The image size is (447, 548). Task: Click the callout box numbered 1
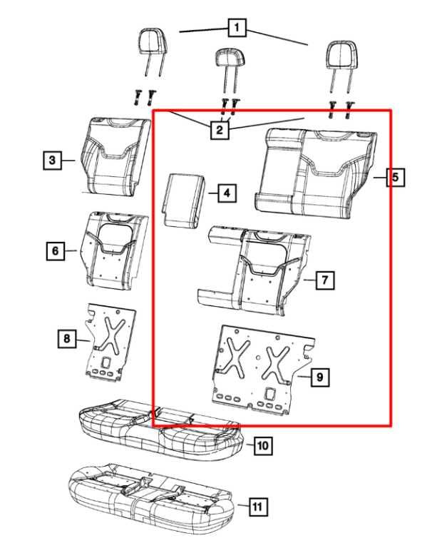[237, 27]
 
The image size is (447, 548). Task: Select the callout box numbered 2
[220, 130]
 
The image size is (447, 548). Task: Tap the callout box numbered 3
[52, 160]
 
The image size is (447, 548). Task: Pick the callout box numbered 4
[227, 193]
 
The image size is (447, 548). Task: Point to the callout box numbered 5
[396, 177]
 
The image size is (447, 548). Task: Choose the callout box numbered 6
[56, 251]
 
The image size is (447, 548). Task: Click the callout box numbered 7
[325, 280]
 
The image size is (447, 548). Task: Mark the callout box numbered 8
[67, 338]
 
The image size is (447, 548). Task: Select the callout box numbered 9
[319, 377]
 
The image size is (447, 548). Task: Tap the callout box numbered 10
[263, 445]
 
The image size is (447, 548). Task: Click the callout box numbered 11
[258, 507]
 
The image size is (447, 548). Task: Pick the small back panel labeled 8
[111, 342]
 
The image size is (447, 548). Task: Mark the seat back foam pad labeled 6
[115, 251]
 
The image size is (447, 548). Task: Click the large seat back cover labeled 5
[316, 173]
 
